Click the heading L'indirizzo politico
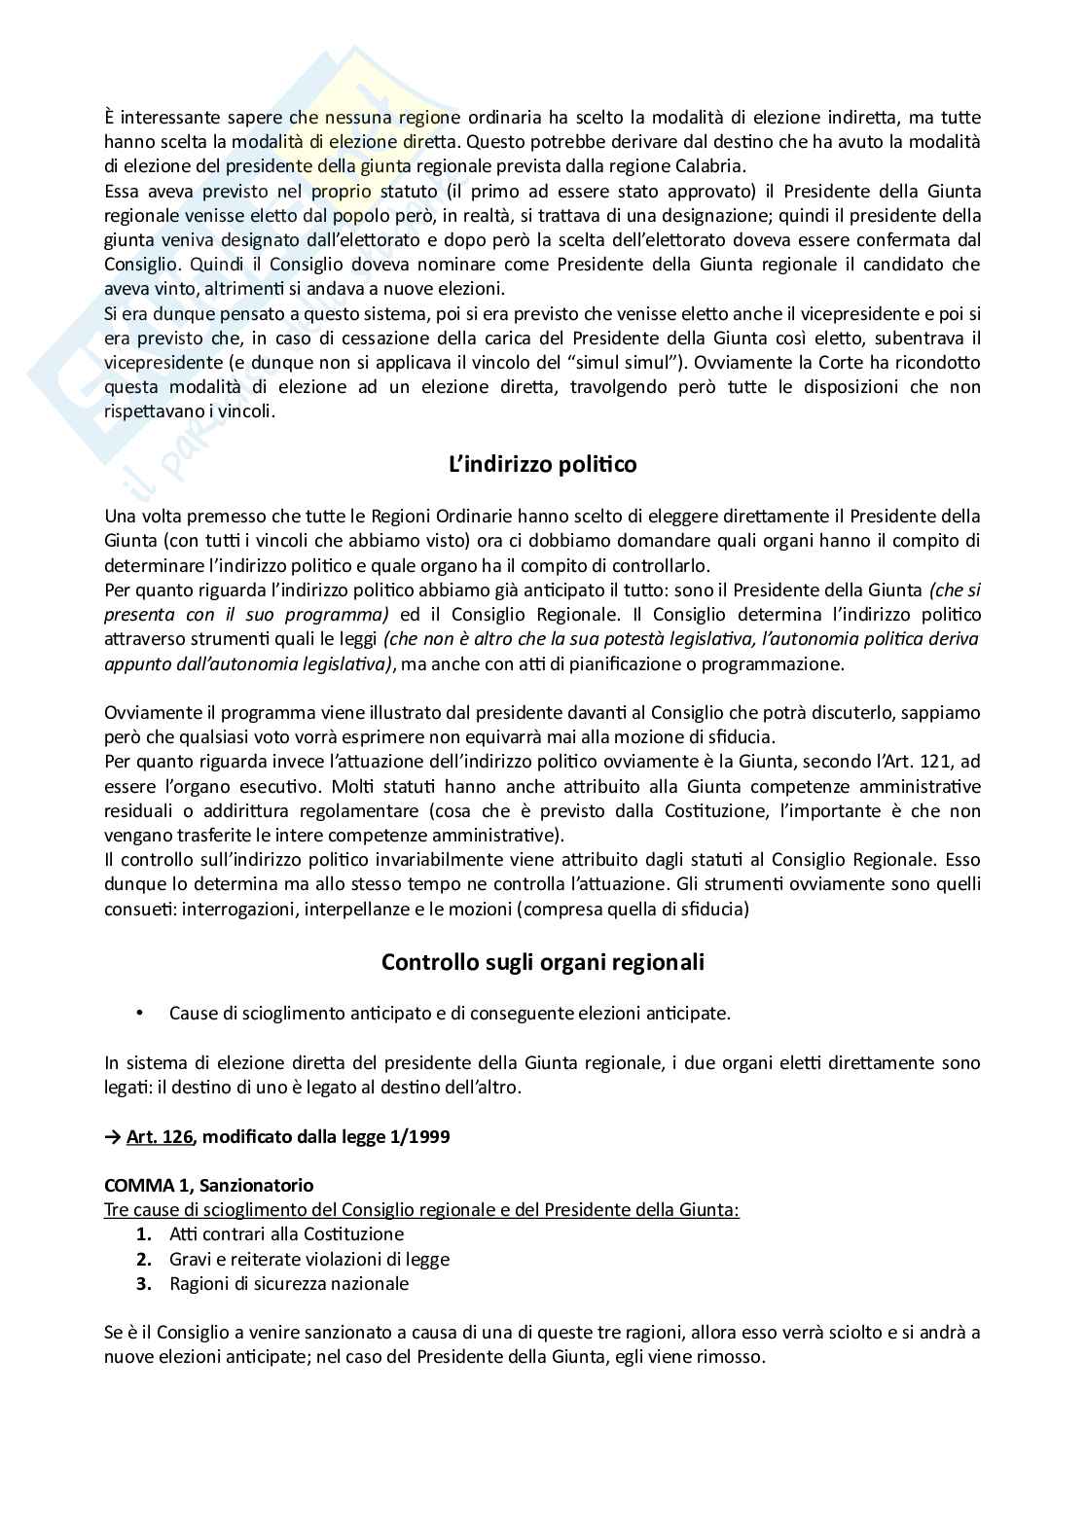[542, 465]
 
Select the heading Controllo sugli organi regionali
[542, 962]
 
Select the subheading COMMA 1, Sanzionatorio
[208, 1186]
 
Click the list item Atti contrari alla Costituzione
[286, 1234]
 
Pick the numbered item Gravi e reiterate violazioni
[308, 1259]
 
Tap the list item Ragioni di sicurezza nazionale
[288, 1283]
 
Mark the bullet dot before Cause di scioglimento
[140, 1013]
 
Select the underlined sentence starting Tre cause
[421, 1210]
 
